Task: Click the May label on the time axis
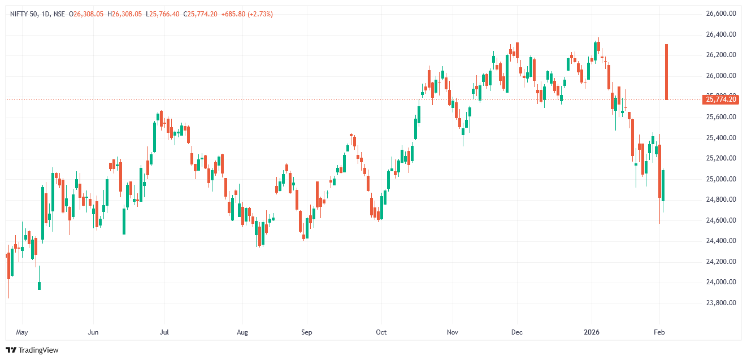tap(22, 332)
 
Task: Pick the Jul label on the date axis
tap(164, 332)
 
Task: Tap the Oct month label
tap(381, 332)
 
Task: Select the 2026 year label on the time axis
tap(592, 332)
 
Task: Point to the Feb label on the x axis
tap(659, 332)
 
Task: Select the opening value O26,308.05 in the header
tap(86, 14)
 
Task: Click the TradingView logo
tap(32, 350)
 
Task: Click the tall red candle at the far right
tap(667, 72)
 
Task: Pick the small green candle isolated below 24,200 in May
tap(39, 286)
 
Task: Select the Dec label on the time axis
tap(516, 332)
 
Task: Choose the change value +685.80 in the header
tap(232, 14)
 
